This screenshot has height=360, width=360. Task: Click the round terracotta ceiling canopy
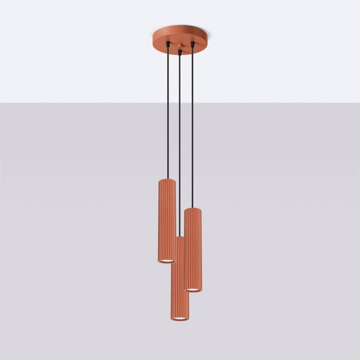[x=179, y=36]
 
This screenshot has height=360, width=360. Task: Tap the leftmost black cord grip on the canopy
[x=168, y=46]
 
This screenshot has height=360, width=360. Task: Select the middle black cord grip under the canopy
[x=179, y=51]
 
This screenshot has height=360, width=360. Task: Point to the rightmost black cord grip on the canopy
[x=193, y=45]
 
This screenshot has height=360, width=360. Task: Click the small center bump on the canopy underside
[x=179, y=47]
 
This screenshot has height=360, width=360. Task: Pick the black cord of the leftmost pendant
[x=168, y=113]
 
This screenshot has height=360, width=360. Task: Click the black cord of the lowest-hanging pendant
[x=179, y=144]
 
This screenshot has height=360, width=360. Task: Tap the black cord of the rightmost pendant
[x=193, y=129]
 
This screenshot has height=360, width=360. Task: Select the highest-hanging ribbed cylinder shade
[x=167, y=221]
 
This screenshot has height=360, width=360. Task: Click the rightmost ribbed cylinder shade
[x=193, y=249]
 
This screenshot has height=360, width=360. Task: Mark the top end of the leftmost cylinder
[x=167, y=181]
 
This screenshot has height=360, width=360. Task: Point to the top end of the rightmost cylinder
[x=193, y=210]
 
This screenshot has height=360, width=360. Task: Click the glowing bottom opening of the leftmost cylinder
[x=167, y=261]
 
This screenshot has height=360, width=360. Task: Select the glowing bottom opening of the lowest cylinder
[x=179, y=319]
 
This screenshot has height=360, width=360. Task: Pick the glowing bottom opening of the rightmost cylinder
[x=193, y=290]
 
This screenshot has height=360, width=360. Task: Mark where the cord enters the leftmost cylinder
[x=168, y=178]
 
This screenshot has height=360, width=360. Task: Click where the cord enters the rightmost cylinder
[x=193, y=207]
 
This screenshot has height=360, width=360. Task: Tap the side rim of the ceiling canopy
[x=201, y=42]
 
